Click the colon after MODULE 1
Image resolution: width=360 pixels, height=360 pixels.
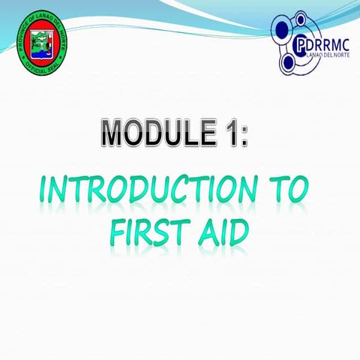(241, 135)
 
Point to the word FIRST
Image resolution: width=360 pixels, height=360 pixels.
(142, 233)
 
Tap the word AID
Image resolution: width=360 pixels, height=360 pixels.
(218, 233)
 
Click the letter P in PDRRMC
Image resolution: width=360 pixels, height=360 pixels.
(299, 43)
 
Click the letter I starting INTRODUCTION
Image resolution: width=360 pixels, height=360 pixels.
(44, 190)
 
